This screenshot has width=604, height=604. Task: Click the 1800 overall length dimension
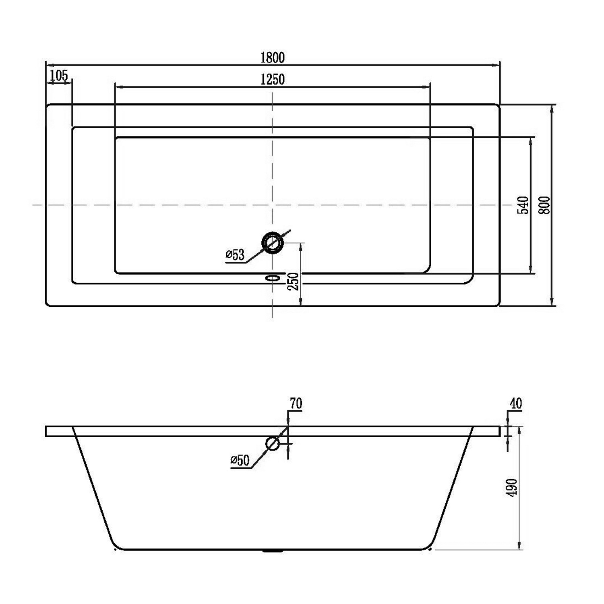pos(273,58)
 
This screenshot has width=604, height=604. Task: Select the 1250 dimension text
pos(273,79)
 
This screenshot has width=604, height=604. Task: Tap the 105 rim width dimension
pos(59,75)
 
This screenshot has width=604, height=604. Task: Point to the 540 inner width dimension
pos(523,205)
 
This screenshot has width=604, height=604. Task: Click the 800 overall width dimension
pos(544,205)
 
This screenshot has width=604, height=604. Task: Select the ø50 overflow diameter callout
pos(240,460)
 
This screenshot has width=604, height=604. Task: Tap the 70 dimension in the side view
pos(296,403)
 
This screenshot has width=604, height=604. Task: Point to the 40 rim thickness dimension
pos(516,403)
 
